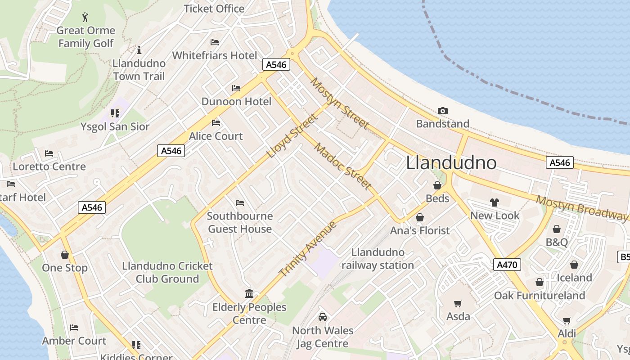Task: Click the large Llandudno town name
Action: [451, 163]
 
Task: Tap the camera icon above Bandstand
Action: [442, 111]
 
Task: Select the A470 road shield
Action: [507, 265]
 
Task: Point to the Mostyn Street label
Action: [340, 103]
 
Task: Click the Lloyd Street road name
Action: [292, 136]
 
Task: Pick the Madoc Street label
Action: [343, 166]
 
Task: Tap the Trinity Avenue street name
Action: [308, 248]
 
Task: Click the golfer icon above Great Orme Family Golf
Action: [85, 18]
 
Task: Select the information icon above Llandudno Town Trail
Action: [139, 49]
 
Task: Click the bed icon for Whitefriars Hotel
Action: [215, 42]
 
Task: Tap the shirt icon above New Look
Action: [495, 202]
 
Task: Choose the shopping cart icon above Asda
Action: [458, 303]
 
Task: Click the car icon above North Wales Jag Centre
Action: [322, 317]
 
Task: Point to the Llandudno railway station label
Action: [378, 259]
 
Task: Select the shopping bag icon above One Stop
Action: [65, 255]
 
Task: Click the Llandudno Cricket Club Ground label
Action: [167, 272]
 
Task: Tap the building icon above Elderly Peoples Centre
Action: [249, 294]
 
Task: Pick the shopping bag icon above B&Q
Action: [557, 229]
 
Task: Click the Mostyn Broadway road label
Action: [581, 207]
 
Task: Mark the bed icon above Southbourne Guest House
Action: [240, 203]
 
